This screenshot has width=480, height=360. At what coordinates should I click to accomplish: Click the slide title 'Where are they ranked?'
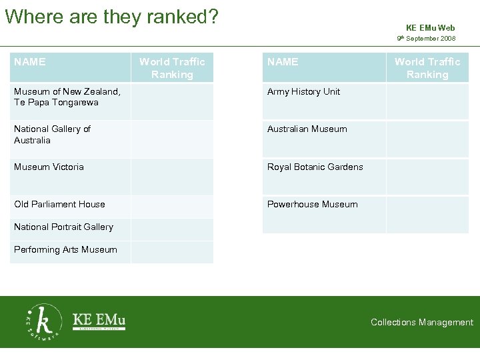112,16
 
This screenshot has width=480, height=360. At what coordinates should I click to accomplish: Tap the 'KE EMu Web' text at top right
430,28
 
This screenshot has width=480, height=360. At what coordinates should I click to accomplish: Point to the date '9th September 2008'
426,39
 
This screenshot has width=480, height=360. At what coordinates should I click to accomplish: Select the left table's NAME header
30,62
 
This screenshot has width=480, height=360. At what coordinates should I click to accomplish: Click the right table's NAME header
283,62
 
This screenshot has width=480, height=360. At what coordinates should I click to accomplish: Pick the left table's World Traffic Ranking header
172,68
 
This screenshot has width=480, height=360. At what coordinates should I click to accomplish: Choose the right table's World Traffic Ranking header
427,68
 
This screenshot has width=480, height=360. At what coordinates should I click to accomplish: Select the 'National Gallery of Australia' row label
52,134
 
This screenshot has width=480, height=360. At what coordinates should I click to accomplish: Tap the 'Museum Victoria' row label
49,167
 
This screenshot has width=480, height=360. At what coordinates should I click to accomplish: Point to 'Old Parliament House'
59,204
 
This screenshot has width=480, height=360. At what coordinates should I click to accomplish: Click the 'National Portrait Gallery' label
63,227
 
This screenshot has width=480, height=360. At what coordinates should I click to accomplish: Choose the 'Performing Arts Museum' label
65,249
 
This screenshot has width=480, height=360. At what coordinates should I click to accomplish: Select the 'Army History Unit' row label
303,91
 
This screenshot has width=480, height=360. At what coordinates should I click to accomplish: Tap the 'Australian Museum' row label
307,129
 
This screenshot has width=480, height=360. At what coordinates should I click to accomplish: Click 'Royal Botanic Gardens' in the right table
315,167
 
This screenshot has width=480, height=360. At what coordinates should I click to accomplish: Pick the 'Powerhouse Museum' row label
312,204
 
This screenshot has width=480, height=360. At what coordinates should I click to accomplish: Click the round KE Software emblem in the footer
43,322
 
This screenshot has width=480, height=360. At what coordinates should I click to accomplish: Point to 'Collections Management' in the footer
421,322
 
